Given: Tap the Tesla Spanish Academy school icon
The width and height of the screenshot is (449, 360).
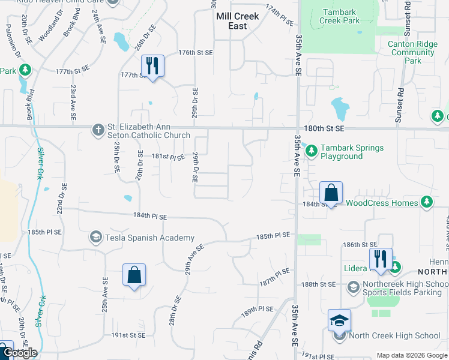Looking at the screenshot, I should [95, 238].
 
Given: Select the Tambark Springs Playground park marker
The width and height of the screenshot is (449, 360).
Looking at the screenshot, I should [311, 151].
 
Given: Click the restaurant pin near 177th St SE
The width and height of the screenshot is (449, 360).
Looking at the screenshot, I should [152, 66].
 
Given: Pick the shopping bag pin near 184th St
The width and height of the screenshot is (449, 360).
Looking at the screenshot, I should [331, 193].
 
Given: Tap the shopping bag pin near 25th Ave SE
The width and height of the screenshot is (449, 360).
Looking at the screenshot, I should [134, 275].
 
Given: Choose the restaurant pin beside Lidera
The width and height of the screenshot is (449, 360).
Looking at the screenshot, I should [380, 259].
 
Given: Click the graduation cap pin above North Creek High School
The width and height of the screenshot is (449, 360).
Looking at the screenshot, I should [339, 320].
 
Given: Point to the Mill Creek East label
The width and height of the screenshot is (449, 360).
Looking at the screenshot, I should [238, 22].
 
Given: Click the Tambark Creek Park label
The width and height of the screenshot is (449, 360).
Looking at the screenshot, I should [341, 16].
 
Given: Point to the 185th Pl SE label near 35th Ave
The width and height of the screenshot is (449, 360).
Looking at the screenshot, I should [274, 236].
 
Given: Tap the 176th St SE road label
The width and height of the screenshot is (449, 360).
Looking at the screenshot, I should [196, 53].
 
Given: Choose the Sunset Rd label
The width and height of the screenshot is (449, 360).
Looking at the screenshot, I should [399, 109].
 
